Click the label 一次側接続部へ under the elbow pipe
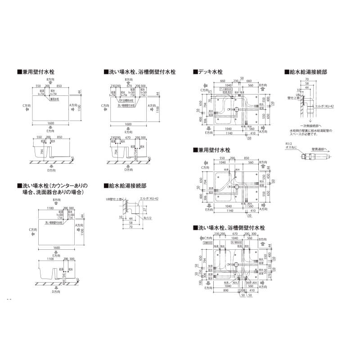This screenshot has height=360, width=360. (x=307, y=126)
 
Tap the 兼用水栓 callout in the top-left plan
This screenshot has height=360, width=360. (x=54, y=98)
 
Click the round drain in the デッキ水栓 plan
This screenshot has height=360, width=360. (x=235, y=109)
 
